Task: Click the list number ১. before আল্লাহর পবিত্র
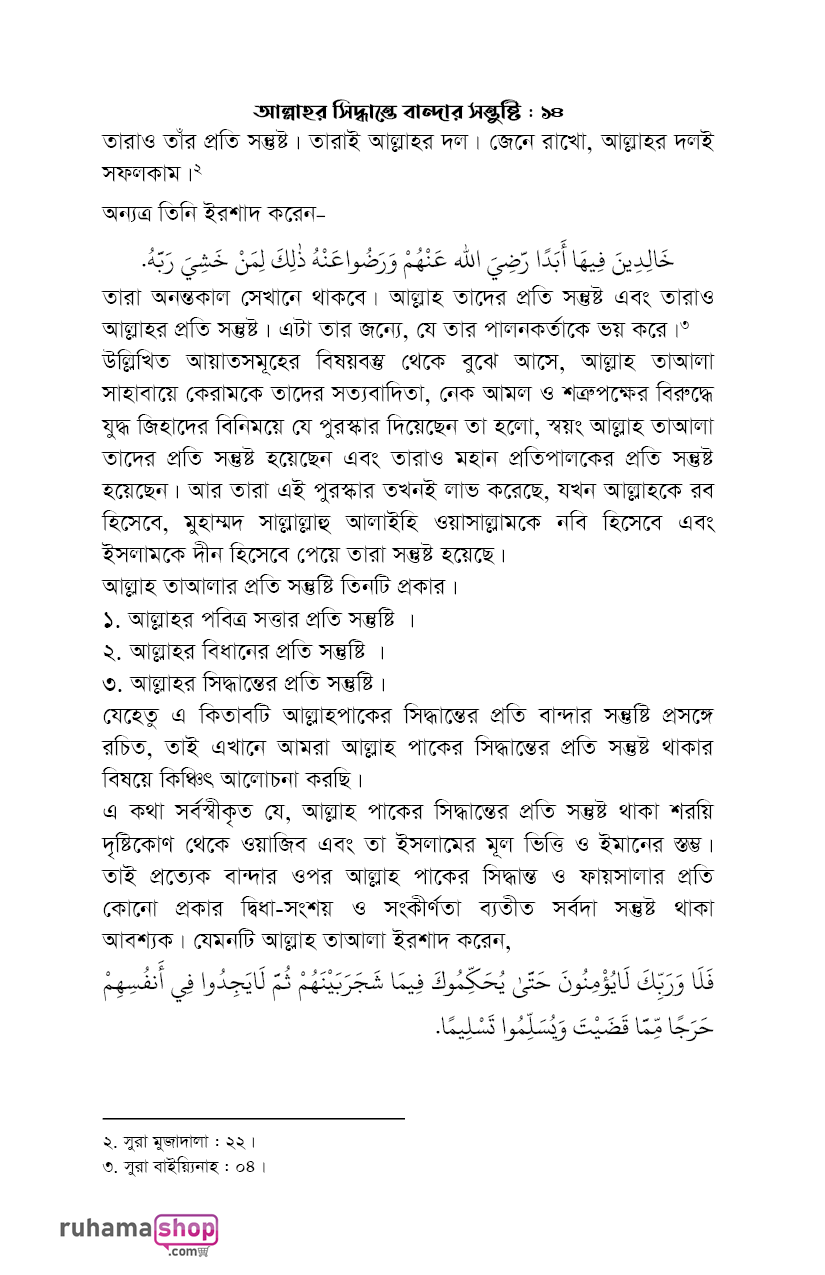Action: (112, 619)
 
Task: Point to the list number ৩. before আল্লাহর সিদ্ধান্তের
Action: (112, 684)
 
